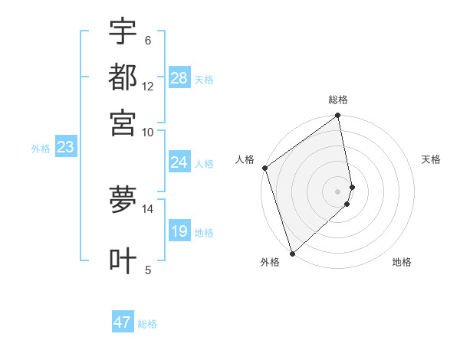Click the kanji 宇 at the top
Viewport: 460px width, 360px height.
point(123,32)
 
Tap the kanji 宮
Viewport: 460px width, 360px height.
point(123,123)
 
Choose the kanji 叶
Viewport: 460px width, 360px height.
point(123,260)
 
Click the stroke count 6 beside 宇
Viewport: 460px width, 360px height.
point(148,40)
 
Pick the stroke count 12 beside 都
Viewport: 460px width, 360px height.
point(148,86)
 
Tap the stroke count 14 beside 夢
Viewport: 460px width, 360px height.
point(148,208)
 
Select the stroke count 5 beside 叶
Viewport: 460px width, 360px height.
point(148,269)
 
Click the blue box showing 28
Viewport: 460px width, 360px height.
point(179,78)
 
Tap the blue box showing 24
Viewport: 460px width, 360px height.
point(179,162)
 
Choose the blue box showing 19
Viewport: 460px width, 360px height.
point(179,231)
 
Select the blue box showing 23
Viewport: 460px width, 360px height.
point(65,148)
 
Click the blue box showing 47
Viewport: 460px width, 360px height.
point(123,322)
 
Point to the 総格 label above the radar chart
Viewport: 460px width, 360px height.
point(338,100)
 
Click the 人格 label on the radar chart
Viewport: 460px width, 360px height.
point(245,159)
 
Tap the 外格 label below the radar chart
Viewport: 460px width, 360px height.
point(270,263)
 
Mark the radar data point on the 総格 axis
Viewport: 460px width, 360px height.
point(338,116)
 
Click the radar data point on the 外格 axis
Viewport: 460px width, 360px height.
point(292,253)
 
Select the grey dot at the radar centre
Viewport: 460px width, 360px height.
point(338,191)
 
